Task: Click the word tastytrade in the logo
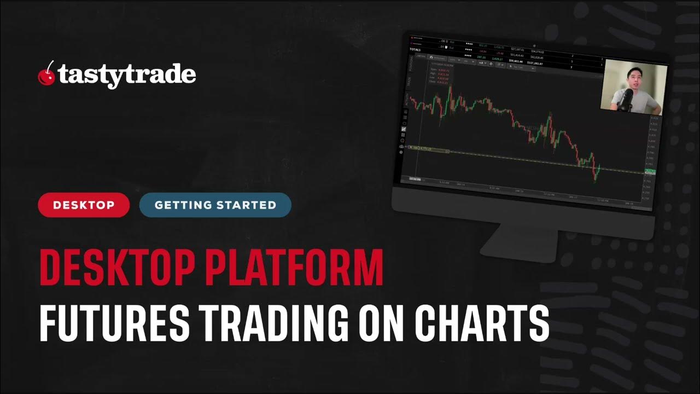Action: pyautogui.click(x=127, y=75)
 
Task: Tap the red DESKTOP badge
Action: pyautogui.click(x=84, y=205)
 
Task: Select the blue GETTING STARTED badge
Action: pyautogui.click(x=215, y=205)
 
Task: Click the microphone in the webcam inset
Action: pyautogui.click(x=627, y=99)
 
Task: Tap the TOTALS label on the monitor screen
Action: pyautogui.click(x=416, y=49)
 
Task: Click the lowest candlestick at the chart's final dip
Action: pyautogui.click(x=594, y=178)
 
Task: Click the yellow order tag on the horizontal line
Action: pyautogui.click(x=421, y=148)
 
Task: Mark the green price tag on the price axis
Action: pyautogui.click(x=650, y=172)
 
